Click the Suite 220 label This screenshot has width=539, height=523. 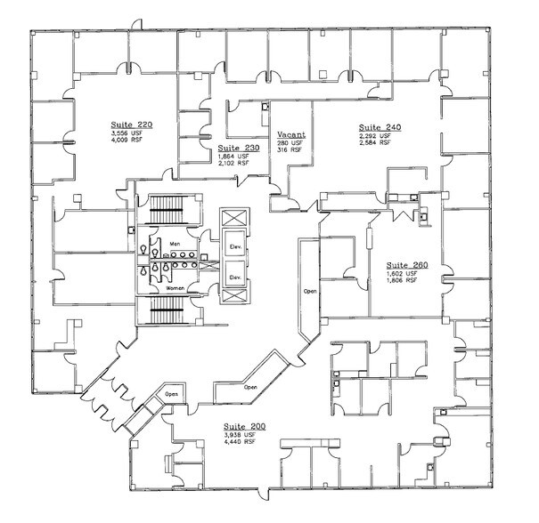tap(132, 125)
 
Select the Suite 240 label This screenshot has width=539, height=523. tap(380, 127)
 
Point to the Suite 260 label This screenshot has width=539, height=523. tap(407, 264)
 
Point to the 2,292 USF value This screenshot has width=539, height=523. tap(375, 136)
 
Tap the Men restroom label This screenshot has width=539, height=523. tap(174, 241)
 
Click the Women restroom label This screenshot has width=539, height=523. tap(175, 288)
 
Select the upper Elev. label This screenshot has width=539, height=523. tap(237, 245)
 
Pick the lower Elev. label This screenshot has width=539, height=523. tap(237, 278)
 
